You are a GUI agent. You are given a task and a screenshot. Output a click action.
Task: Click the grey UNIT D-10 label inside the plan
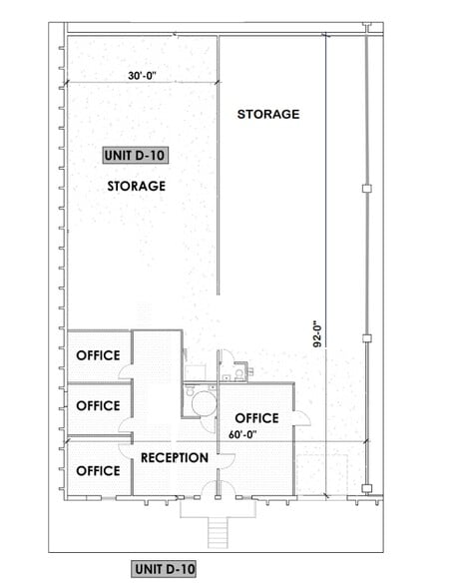[x=136, y=155]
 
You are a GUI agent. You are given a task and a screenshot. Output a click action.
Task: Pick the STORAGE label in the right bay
[x=267, y=114]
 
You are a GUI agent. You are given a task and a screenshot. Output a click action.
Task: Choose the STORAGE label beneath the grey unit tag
[x=136, y=186]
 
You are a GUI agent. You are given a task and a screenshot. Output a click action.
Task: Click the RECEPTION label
[x=175, y=458]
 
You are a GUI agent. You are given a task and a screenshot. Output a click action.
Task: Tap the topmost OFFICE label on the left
[x=98, y=355]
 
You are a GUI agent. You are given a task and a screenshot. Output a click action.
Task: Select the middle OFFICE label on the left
[x=98, y=406]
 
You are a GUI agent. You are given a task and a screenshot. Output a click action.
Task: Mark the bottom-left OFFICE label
[x=98, y=470]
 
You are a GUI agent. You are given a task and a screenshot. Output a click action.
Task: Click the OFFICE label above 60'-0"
[x=255, y=417]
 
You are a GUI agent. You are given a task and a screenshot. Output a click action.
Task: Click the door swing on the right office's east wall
[x=301, y=416]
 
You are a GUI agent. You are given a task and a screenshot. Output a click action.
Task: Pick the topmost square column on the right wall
[x=367, y=188]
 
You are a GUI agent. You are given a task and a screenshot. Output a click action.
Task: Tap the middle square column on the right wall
[x=367, y=337]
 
